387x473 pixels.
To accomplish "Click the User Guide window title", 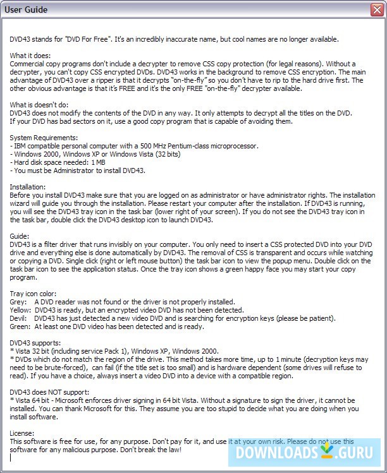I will [x=28, y=9].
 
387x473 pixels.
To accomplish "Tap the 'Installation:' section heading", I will [x=28, y=187].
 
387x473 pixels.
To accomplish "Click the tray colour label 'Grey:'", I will [x=19, y=302].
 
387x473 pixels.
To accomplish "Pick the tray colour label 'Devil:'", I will [x=20, y=318].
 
